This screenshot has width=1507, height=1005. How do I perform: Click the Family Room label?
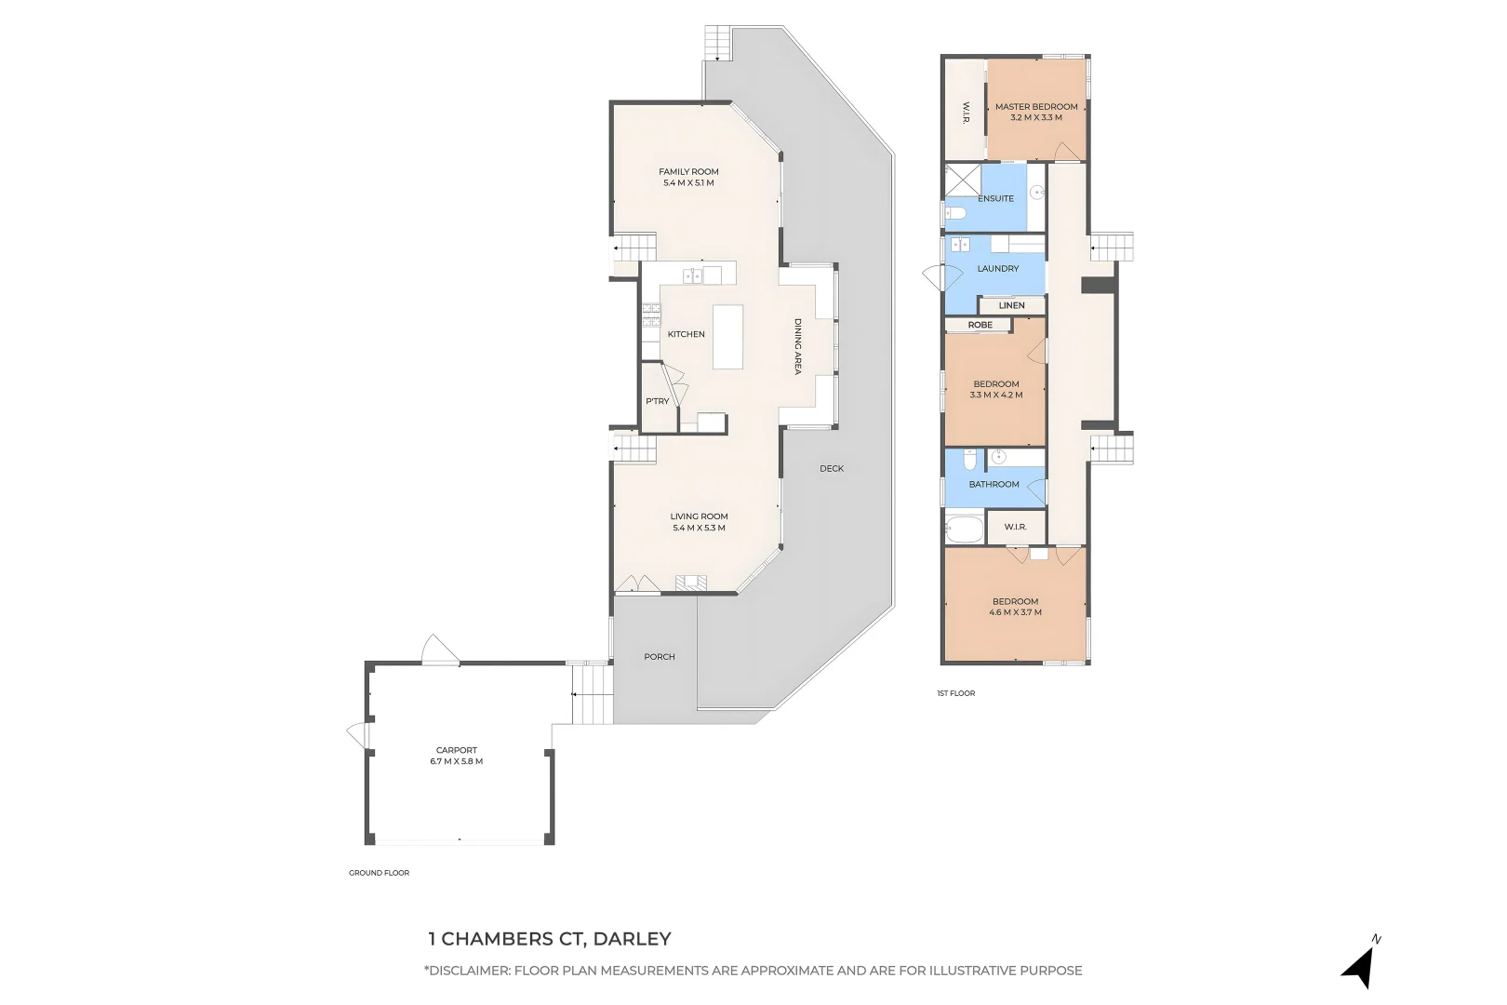(688, 171)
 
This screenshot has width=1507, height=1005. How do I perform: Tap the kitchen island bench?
(728, 337)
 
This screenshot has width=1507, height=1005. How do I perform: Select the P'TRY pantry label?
(658, 401)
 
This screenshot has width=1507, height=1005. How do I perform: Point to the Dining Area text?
(798, 347)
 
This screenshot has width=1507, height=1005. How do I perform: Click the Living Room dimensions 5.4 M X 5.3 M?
(699, 528)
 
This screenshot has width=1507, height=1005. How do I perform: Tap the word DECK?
(832, 468)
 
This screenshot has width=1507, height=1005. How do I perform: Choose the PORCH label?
(660, 657)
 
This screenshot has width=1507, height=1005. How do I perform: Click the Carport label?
(457, 750)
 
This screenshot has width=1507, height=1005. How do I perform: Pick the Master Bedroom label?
(1036, 106)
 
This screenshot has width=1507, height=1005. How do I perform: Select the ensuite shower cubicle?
(963, 181)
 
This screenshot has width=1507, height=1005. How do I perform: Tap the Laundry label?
(998, 269)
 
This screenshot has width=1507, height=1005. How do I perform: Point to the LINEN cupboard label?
(1012, 305)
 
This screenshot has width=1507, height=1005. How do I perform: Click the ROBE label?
(980, 325)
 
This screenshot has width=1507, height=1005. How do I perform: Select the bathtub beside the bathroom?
(964, 529)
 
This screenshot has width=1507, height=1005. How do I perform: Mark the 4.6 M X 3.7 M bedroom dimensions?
(1015, 612)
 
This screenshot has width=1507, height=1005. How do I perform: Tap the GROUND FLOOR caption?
(379, 873)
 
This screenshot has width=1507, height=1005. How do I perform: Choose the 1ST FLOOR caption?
(956, 693)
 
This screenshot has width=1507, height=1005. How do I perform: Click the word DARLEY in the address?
(633, 939)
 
